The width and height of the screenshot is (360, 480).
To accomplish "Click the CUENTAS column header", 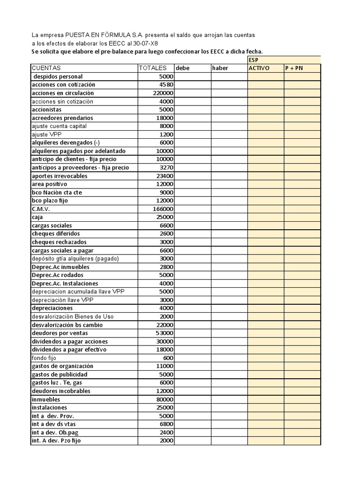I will coord(46,68).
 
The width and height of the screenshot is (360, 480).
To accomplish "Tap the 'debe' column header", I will coord(183,68).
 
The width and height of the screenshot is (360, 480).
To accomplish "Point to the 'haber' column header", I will coord(220,68).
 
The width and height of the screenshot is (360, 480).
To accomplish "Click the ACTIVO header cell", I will coord(259,68).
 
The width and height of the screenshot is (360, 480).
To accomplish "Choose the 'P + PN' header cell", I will coord(294,68).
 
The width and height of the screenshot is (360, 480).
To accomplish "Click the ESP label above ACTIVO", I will coord(253,60).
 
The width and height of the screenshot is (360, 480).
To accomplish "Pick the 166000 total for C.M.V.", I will coord(163,209).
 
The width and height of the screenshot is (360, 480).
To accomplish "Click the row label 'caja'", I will coord(37,217).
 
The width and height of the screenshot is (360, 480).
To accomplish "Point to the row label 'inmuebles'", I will coord(46,399).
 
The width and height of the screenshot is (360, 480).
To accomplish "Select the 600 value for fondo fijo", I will coord(168,358).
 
